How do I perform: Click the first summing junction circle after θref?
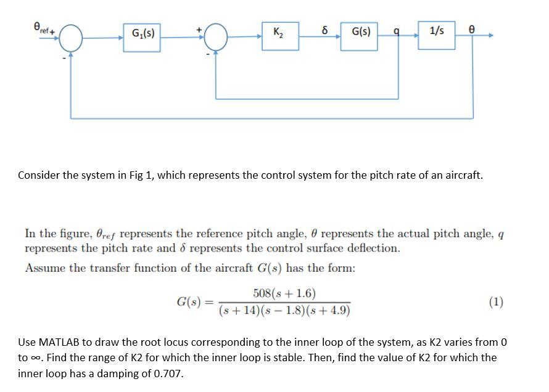[x=72, y=37]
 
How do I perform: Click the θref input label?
[x=41, y=27]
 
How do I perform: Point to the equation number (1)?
[x=495, y=302]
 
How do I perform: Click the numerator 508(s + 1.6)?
[x=284, y=293]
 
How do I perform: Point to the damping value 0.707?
[x=170, y=374]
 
